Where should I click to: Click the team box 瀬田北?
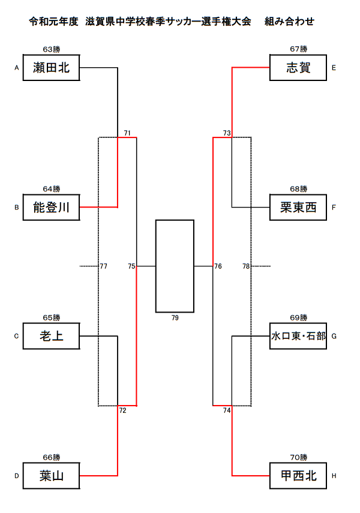[52, 68]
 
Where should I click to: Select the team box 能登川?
[52, 208]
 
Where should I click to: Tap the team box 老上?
[52, 336]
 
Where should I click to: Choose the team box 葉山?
[52, 476]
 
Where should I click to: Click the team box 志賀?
[298, 68]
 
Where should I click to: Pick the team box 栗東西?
[298, 208]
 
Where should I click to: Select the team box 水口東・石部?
[298, 336]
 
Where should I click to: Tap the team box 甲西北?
[298, 476]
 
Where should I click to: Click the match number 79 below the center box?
[175, 317]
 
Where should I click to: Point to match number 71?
[127, 133]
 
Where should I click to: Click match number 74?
[227, 410]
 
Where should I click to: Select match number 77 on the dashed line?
[104, 266]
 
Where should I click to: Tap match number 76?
[218, 266]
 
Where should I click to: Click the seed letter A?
[17, 68]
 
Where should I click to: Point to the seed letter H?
[334, 476]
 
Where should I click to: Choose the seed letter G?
[334, 336]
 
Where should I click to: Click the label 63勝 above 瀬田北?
[52, 49]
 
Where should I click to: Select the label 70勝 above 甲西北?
[299, 457]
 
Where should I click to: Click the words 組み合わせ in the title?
[289, 22]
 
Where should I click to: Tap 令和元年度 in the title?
[53, 22]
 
